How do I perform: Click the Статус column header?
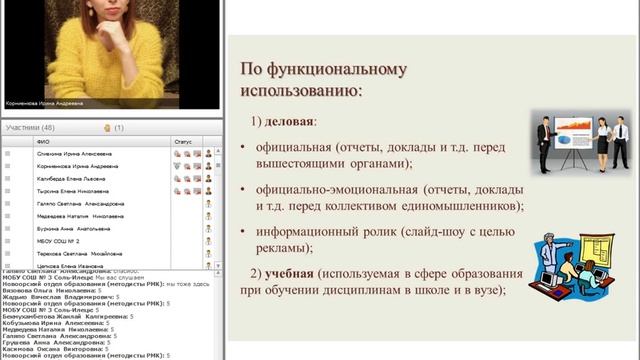point(182,142)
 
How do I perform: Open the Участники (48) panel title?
point(30,128)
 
